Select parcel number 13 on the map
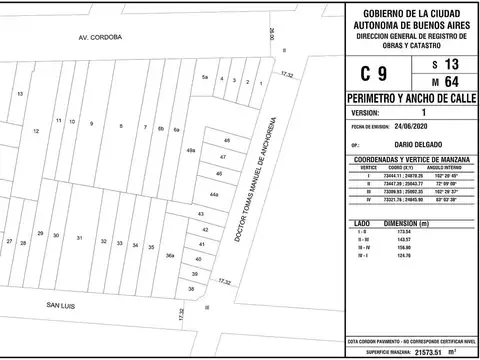(20, 92)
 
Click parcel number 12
(36, 131)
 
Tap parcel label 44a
(214, 195)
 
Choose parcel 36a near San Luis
(170, 256)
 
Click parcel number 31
(79, 238)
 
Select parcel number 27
(9, 242)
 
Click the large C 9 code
(374, 73)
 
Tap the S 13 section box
(445, 64)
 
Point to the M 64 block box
(445, 82)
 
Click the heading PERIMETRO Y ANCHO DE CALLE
(411, 101)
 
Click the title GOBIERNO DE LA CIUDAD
(411, 11)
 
